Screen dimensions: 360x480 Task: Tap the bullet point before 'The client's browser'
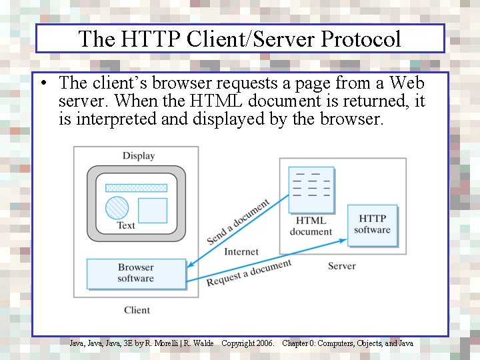click(42, 84)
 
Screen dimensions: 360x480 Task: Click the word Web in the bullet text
click(407, 83)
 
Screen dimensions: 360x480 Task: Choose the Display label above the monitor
click(139, 156)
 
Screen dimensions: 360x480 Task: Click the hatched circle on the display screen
click(117, 208)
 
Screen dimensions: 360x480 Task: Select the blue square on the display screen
click(152, 211)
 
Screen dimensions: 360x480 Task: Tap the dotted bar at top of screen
click(136, 188)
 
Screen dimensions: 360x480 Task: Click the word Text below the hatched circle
click(126, 225)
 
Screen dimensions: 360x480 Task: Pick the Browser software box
click(136, 273)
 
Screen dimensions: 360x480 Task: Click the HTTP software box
click(372, 224)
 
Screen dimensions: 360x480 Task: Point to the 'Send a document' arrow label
click(238, 221)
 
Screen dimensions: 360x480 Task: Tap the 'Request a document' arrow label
click(249, 273)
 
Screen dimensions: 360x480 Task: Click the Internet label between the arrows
click(241, 252)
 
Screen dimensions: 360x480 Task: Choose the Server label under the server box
click(341, 266)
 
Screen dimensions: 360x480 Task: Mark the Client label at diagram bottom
click(137, 310)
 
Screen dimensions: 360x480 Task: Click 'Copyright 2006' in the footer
click(247, 343)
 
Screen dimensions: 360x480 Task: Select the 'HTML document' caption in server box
click(311, 226)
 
